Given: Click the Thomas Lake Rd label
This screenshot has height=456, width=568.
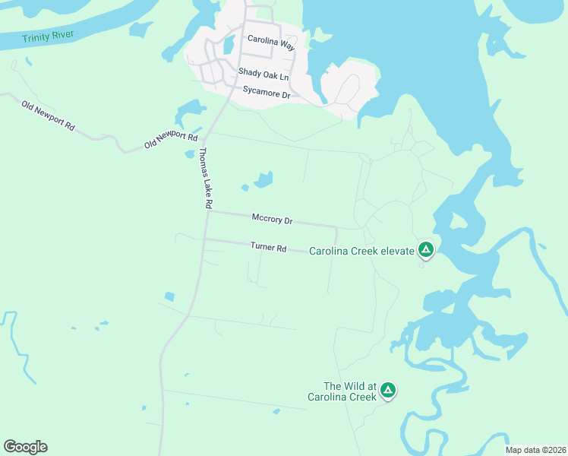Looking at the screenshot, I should click(x=205, y=178).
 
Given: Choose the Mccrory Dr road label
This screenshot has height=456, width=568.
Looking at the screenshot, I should click(x=272, y=219).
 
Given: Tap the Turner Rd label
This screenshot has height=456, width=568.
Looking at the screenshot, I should click(x=268, y=248).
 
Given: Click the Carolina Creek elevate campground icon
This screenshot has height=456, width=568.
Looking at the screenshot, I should click(x=426, y=249).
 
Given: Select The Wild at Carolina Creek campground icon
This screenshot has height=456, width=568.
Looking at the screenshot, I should click(x=388, y=391).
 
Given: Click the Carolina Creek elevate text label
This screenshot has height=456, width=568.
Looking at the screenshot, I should click(x=361, y=251).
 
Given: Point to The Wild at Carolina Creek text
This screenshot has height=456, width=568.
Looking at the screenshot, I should click(x=342, y=391).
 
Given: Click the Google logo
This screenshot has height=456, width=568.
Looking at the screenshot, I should click(x=25, y=447).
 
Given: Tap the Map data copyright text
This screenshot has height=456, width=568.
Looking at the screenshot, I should click(x=535, y=450).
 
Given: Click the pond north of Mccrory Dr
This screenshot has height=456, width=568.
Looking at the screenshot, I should click(x=263, y=180).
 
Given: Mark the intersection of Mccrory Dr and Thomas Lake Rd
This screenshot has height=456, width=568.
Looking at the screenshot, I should click(x=208, y=212).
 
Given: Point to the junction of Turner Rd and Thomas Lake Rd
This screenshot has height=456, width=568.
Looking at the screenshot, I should click(x=204, y=239).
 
